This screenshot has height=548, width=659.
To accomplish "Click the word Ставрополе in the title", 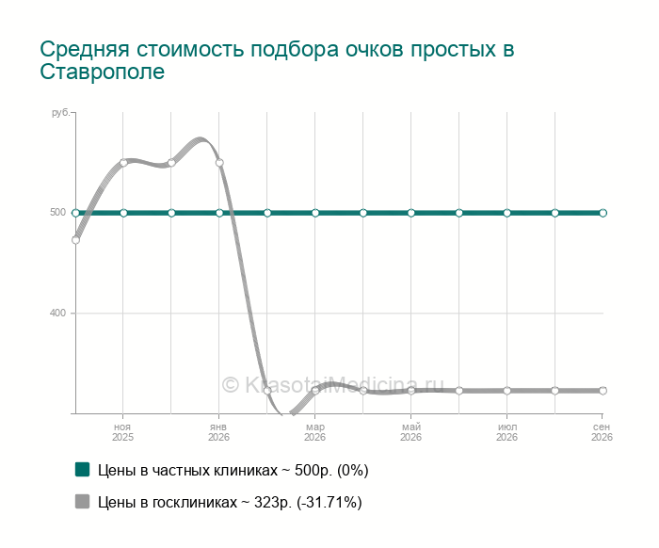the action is (102, 72).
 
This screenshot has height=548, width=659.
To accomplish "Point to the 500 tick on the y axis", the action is (58, 212).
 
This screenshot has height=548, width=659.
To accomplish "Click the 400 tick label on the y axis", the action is (58, 314).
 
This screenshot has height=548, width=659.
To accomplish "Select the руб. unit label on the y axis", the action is (61, 113).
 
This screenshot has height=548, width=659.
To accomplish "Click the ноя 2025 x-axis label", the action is (122, 432).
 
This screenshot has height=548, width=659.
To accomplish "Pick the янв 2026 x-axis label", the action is (218, 432).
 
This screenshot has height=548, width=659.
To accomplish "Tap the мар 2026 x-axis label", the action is (314, 432).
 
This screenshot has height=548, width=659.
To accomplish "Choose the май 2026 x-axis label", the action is (410, 432).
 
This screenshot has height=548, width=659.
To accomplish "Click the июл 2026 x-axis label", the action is (506, 432).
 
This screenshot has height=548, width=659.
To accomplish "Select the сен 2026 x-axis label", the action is (602, 432).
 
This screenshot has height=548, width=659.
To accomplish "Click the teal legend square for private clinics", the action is (83, 470).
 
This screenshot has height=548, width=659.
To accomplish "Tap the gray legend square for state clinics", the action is (83, 501).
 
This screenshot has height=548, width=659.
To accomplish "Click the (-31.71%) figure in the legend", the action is (329, 502).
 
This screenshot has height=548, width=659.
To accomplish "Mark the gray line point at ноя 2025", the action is (123, 163).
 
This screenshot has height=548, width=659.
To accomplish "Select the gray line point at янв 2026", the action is (219, 163).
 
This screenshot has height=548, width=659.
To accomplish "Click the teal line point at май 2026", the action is (411, 213).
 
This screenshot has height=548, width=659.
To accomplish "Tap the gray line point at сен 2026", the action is (603, 391).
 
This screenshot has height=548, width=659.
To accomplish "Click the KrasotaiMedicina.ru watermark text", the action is (332, 384).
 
